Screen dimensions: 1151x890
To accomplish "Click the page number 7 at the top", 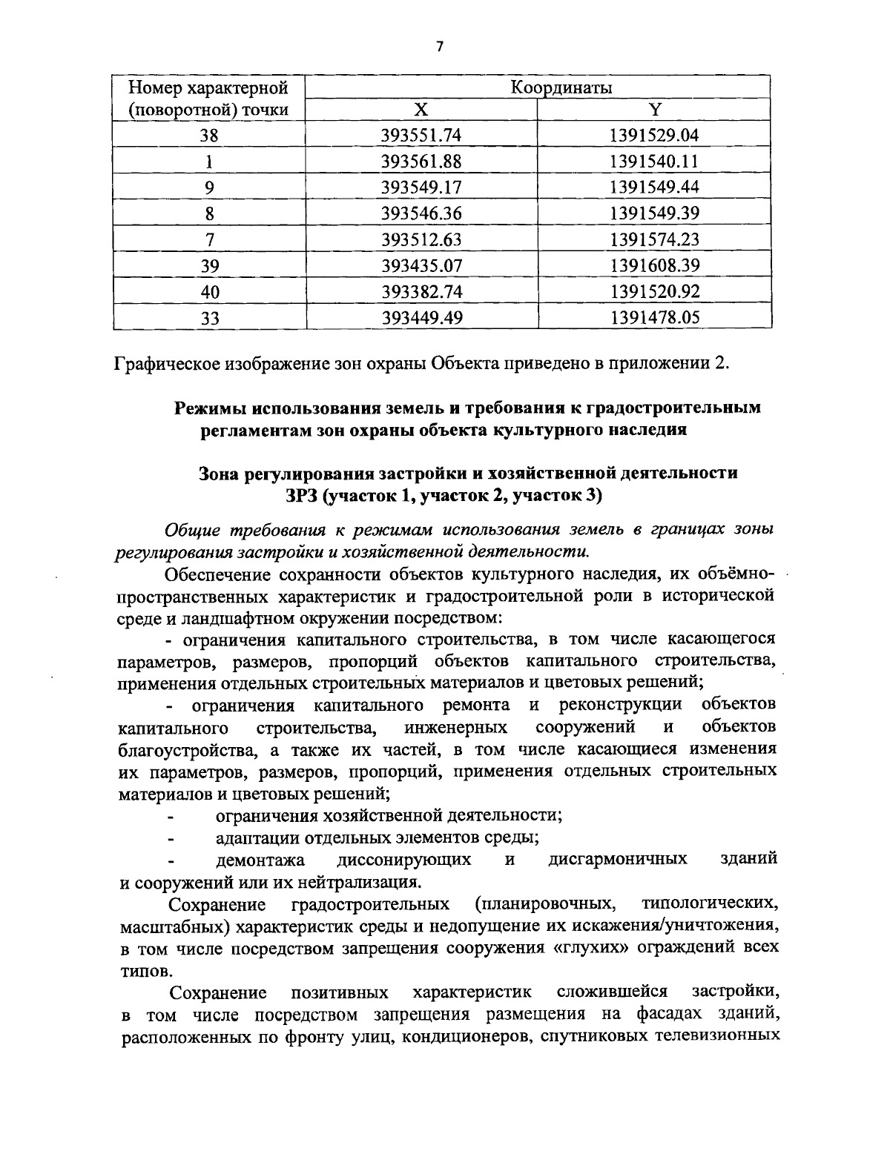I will [439, 47].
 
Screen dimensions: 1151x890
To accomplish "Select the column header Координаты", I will [561, 88].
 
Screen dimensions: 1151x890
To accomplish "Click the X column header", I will [421, 110].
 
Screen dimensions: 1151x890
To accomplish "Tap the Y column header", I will [654, 110].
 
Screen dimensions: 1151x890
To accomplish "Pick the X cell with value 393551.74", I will [421, 136].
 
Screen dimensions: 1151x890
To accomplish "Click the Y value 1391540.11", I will [654, 162].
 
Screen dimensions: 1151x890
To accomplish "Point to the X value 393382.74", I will [421, 292].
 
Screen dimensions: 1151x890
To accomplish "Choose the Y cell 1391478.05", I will [654, 318].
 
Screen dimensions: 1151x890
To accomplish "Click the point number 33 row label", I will [210, 318].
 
